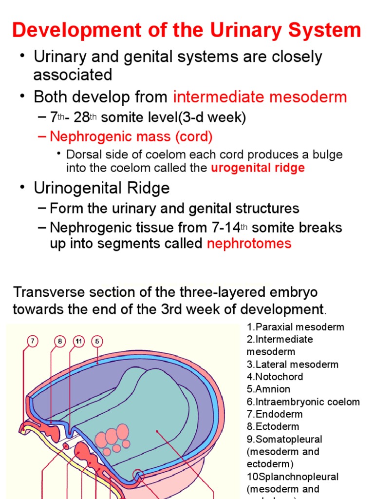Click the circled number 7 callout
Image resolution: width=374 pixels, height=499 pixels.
[32, 342]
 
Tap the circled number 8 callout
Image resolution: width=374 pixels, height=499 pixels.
[60, 342]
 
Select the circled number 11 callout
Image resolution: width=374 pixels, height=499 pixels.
[79, 342]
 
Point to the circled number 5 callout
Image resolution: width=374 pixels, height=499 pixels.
[97, 342]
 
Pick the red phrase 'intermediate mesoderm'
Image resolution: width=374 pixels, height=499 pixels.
[260, 97]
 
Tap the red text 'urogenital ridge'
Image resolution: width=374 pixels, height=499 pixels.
[258, 168]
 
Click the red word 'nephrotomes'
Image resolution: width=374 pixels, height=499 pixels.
[249, 244]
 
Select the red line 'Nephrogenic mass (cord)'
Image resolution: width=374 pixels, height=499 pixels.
[131, 137]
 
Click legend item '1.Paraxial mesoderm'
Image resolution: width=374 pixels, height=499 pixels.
[295, 327]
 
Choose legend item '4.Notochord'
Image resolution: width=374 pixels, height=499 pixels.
[275, 377]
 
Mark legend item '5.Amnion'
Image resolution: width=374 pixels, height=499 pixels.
[268, 389]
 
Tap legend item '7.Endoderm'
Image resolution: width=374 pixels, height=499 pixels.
[275, 414]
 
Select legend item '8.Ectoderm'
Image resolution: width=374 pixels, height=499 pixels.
[274, 427]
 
